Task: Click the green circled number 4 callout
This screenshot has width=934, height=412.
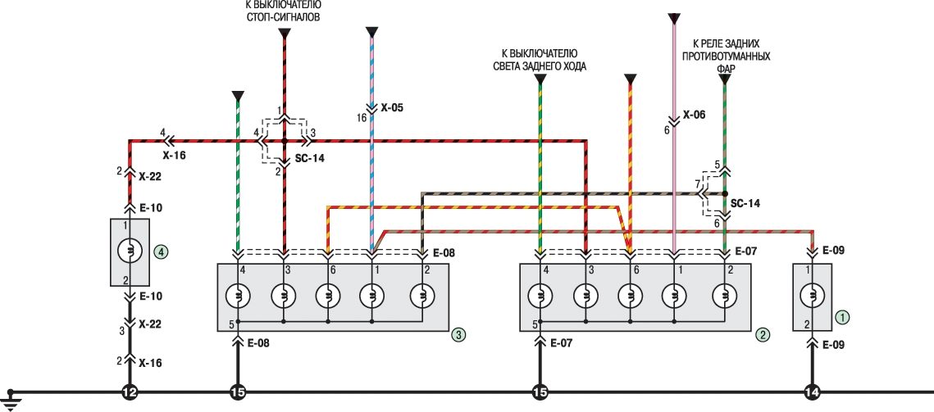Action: pos(162,253)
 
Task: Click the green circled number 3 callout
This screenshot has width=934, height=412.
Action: pos(459,334)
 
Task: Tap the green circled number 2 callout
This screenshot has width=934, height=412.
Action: pos(763,334)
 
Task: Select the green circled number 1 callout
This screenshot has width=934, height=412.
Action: pos(841,315)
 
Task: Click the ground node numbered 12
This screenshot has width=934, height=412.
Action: pos(130,393)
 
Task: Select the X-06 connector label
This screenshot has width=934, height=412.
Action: pos(693,115)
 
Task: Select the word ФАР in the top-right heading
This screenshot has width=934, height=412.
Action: pos(724,70)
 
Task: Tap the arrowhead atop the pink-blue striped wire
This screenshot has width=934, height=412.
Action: pos(371,32)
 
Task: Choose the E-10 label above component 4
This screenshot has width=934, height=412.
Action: pos(152,208)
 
